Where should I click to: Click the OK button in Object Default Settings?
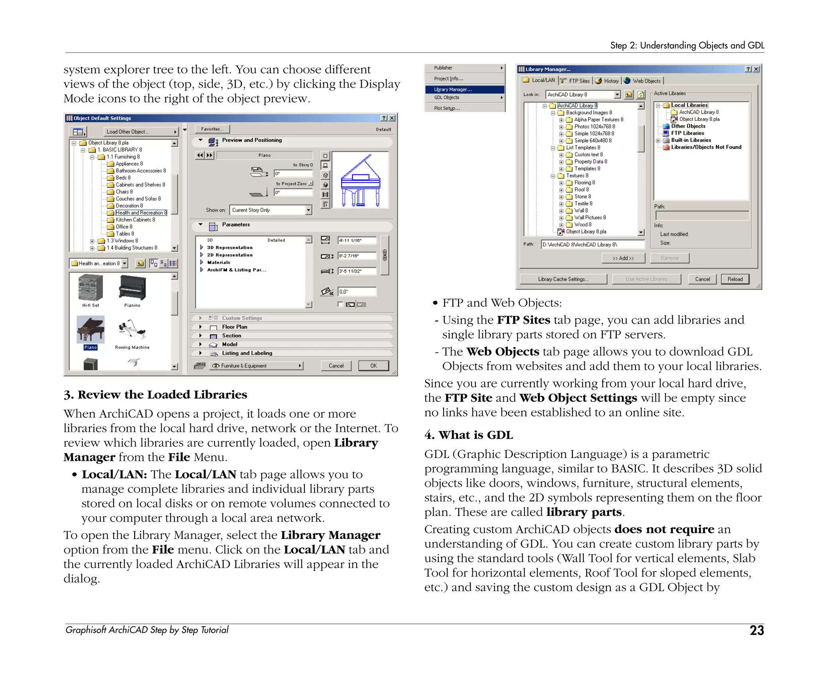coord(373,365)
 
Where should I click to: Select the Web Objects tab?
coord(643,81)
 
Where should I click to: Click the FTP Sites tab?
coord(575,81)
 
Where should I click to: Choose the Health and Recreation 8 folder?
coord(141,213)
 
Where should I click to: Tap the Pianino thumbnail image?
coord(132,288)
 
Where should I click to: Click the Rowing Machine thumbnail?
coord(132,330)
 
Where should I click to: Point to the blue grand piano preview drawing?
coord(361,180)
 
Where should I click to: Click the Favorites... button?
coord(212,129)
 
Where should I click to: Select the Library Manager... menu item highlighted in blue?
coord(464,89)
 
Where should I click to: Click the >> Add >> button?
coord(623,258)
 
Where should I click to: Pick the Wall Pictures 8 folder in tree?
coord(590,217)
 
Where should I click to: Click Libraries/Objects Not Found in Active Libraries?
coord(706,147)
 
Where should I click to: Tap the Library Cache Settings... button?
coord(563,279)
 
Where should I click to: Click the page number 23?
coord(756,630)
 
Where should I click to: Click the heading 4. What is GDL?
coord(468,435)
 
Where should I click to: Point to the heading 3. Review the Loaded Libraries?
coord(155,395)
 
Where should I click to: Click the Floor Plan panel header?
coord(235,327)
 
